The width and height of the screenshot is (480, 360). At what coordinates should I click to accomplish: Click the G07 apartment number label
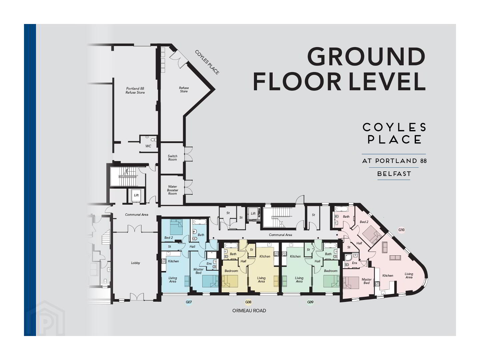tap(189, 303)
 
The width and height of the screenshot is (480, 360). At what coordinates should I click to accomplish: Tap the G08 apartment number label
tap(248, 303)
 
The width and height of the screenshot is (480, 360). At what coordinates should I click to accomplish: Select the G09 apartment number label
tap(310, 303)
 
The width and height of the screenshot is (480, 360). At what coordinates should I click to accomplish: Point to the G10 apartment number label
tap(401, 230)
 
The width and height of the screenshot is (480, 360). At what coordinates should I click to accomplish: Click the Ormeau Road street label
tap(249, 311)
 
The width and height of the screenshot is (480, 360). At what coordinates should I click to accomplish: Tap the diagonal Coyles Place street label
tap(207, 62)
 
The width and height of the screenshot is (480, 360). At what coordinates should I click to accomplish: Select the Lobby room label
tap(135, 263)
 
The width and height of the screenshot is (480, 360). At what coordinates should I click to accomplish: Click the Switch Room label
tap(172, 158)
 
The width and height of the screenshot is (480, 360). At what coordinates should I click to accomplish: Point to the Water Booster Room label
tap(172, 190)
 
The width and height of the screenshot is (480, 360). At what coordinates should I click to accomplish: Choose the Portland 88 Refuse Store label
tap(135, 90)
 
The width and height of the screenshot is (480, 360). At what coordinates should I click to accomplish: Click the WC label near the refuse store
tap(148, 146)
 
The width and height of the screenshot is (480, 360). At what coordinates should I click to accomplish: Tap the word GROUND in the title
tap(366, 57)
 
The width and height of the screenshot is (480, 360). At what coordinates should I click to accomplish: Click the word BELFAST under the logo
tap(394, 174)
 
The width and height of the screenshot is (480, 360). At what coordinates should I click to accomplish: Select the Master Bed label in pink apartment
tap(366, 281)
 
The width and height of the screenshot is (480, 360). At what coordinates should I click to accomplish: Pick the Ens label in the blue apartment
tap(209, 264)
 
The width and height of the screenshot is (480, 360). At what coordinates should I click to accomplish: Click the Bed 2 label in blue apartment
tap(168, 238)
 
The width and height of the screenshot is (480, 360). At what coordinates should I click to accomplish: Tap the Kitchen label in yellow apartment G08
tap(265, 256)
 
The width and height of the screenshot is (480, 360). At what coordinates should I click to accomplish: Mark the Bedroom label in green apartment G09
tap(331, 271)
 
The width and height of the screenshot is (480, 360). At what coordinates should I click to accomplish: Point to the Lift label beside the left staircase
tap(136, 195)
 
